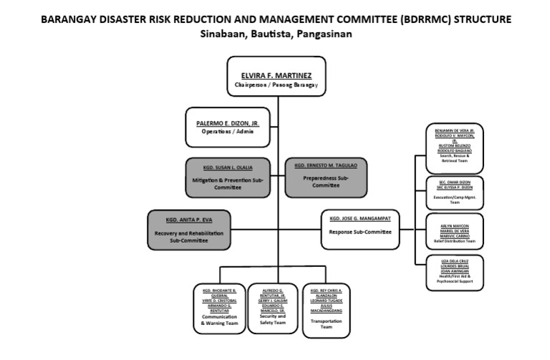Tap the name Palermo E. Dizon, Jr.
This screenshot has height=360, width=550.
(228, 123)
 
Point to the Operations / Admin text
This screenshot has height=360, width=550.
(228, 132)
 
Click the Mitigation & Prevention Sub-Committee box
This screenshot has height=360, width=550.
(228, 177)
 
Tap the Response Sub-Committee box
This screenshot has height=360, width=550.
(360, 229)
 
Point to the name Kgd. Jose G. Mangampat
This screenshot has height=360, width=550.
(360, 217)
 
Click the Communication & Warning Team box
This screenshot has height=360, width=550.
(219, 309)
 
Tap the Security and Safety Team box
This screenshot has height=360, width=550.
(272, 309)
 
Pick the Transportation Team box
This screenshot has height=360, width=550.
(326, 309)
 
